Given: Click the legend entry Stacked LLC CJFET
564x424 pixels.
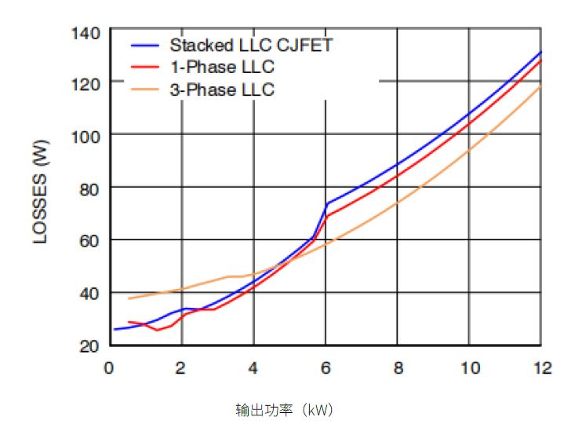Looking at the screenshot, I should (251, 45).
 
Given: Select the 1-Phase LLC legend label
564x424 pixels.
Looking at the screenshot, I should (222, 67).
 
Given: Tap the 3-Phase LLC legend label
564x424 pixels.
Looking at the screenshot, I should (222, 90).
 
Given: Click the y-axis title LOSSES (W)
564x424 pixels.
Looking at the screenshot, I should (42, 188).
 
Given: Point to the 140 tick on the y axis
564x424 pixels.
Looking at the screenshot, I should (85, 33).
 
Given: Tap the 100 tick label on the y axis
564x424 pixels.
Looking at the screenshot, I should (85, 136).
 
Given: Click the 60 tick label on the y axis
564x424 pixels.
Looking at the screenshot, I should (89, 240).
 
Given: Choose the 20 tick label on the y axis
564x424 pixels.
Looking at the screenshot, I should (89, 345).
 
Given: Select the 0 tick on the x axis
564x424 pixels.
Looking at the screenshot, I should (109, 367).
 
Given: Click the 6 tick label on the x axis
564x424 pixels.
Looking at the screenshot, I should (325, 367).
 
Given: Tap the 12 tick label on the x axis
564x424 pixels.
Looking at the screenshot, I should (540, 367).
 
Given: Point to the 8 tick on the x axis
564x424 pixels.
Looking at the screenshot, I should (397, 367).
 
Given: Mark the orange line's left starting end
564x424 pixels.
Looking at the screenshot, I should (129, 298).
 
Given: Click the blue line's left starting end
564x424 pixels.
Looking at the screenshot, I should (115, 329).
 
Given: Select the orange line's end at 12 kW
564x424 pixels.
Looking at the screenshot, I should (540, 86).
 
